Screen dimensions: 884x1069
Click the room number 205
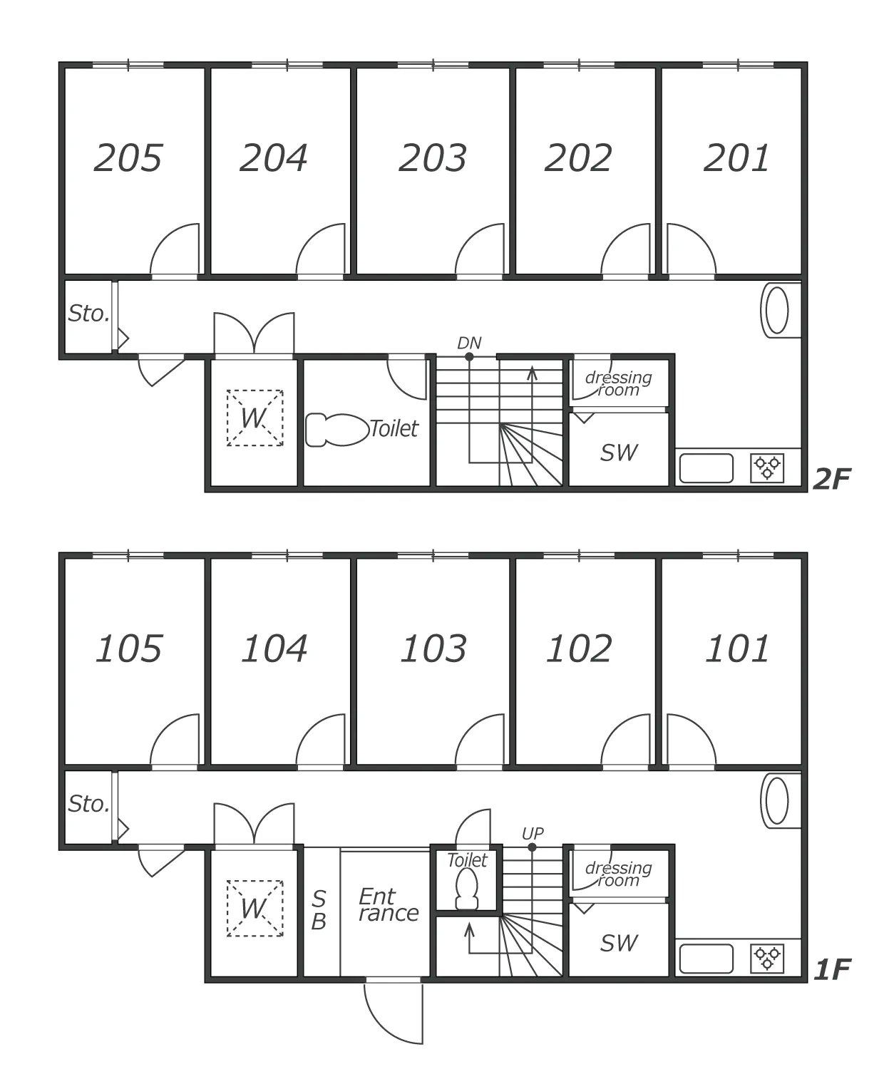128,158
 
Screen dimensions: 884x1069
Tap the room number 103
433,649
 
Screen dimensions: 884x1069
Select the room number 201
737,158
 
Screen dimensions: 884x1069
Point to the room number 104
274,649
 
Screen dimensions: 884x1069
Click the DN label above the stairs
469,343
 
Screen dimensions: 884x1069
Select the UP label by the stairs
532,834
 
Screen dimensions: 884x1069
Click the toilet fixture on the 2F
337,430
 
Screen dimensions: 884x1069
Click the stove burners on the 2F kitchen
766,468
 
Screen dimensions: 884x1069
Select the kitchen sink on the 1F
706,959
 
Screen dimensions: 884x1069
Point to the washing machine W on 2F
255,418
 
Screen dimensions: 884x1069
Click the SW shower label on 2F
619,453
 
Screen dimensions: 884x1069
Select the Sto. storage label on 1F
88,804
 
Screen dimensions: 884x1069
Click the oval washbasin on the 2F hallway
777,310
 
